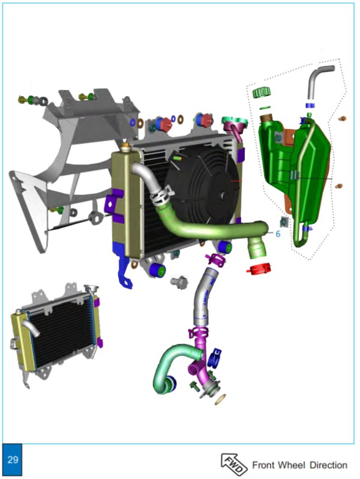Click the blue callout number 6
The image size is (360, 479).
pos(278,234)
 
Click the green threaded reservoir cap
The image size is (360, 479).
pos(262,92)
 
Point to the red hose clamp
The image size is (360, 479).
pos(259,269)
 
